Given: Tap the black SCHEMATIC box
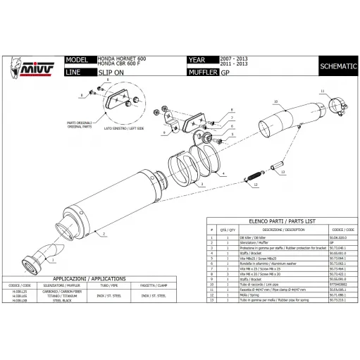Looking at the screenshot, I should (337, 66).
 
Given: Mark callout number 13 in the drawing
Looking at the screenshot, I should (282, 171).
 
